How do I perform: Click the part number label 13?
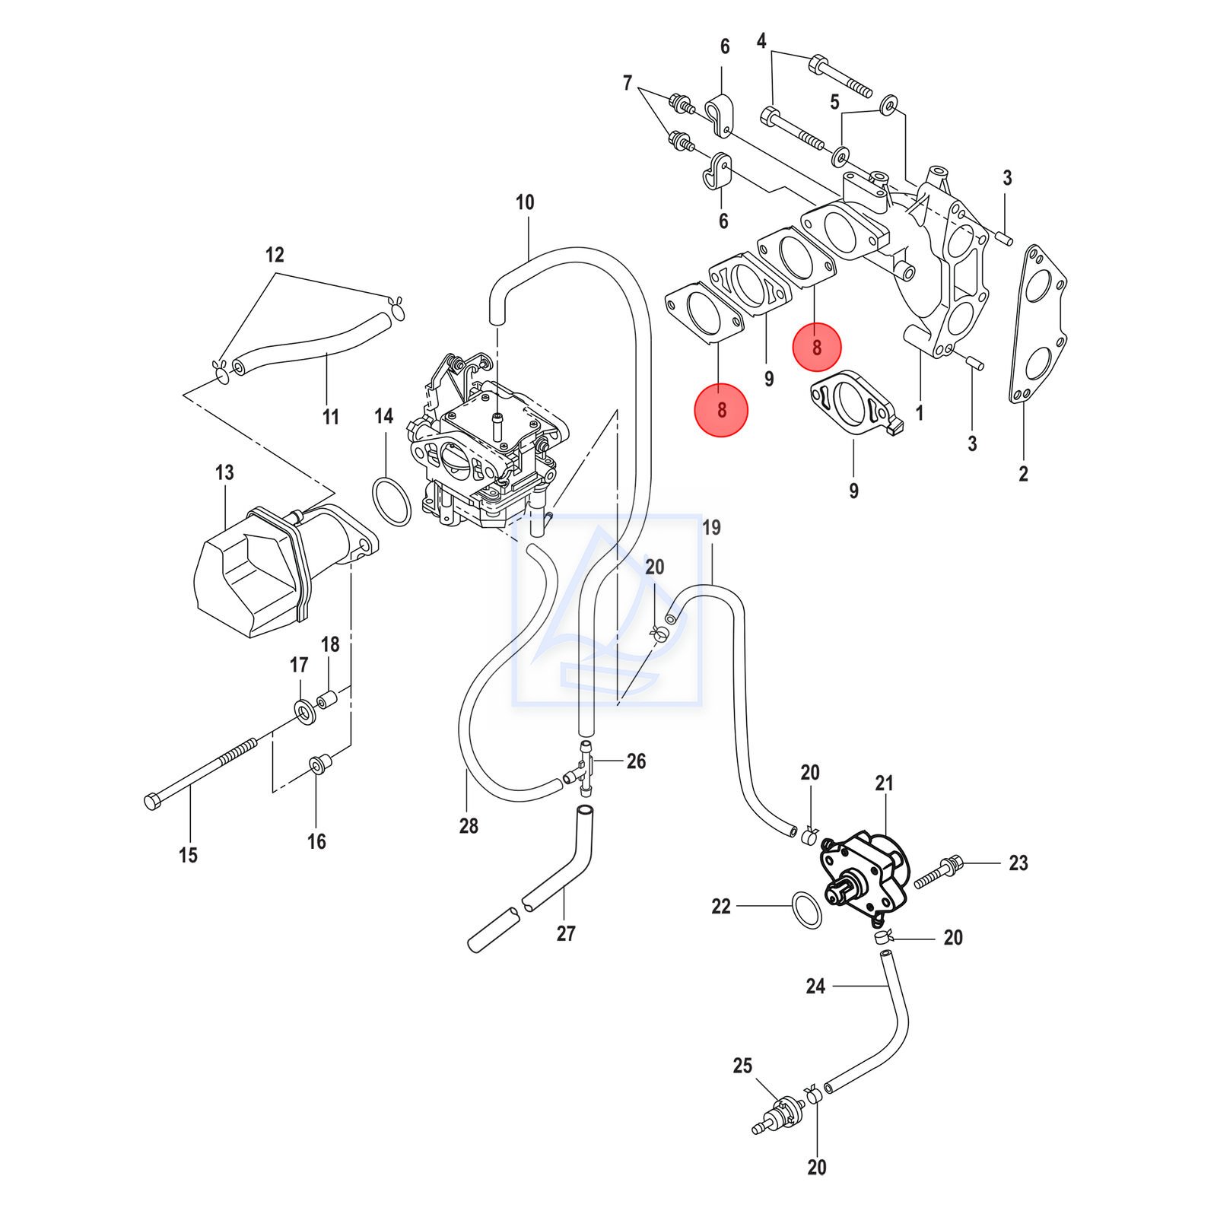224,473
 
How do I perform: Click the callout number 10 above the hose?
525,202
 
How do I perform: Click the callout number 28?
469,825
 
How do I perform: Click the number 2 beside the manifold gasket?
1023,474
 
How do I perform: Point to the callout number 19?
711,527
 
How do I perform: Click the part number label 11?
330,417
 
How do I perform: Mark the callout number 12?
275,255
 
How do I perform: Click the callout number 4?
762,42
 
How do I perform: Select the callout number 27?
566,933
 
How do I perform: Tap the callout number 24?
815,987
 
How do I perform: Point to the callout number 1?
920,413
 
